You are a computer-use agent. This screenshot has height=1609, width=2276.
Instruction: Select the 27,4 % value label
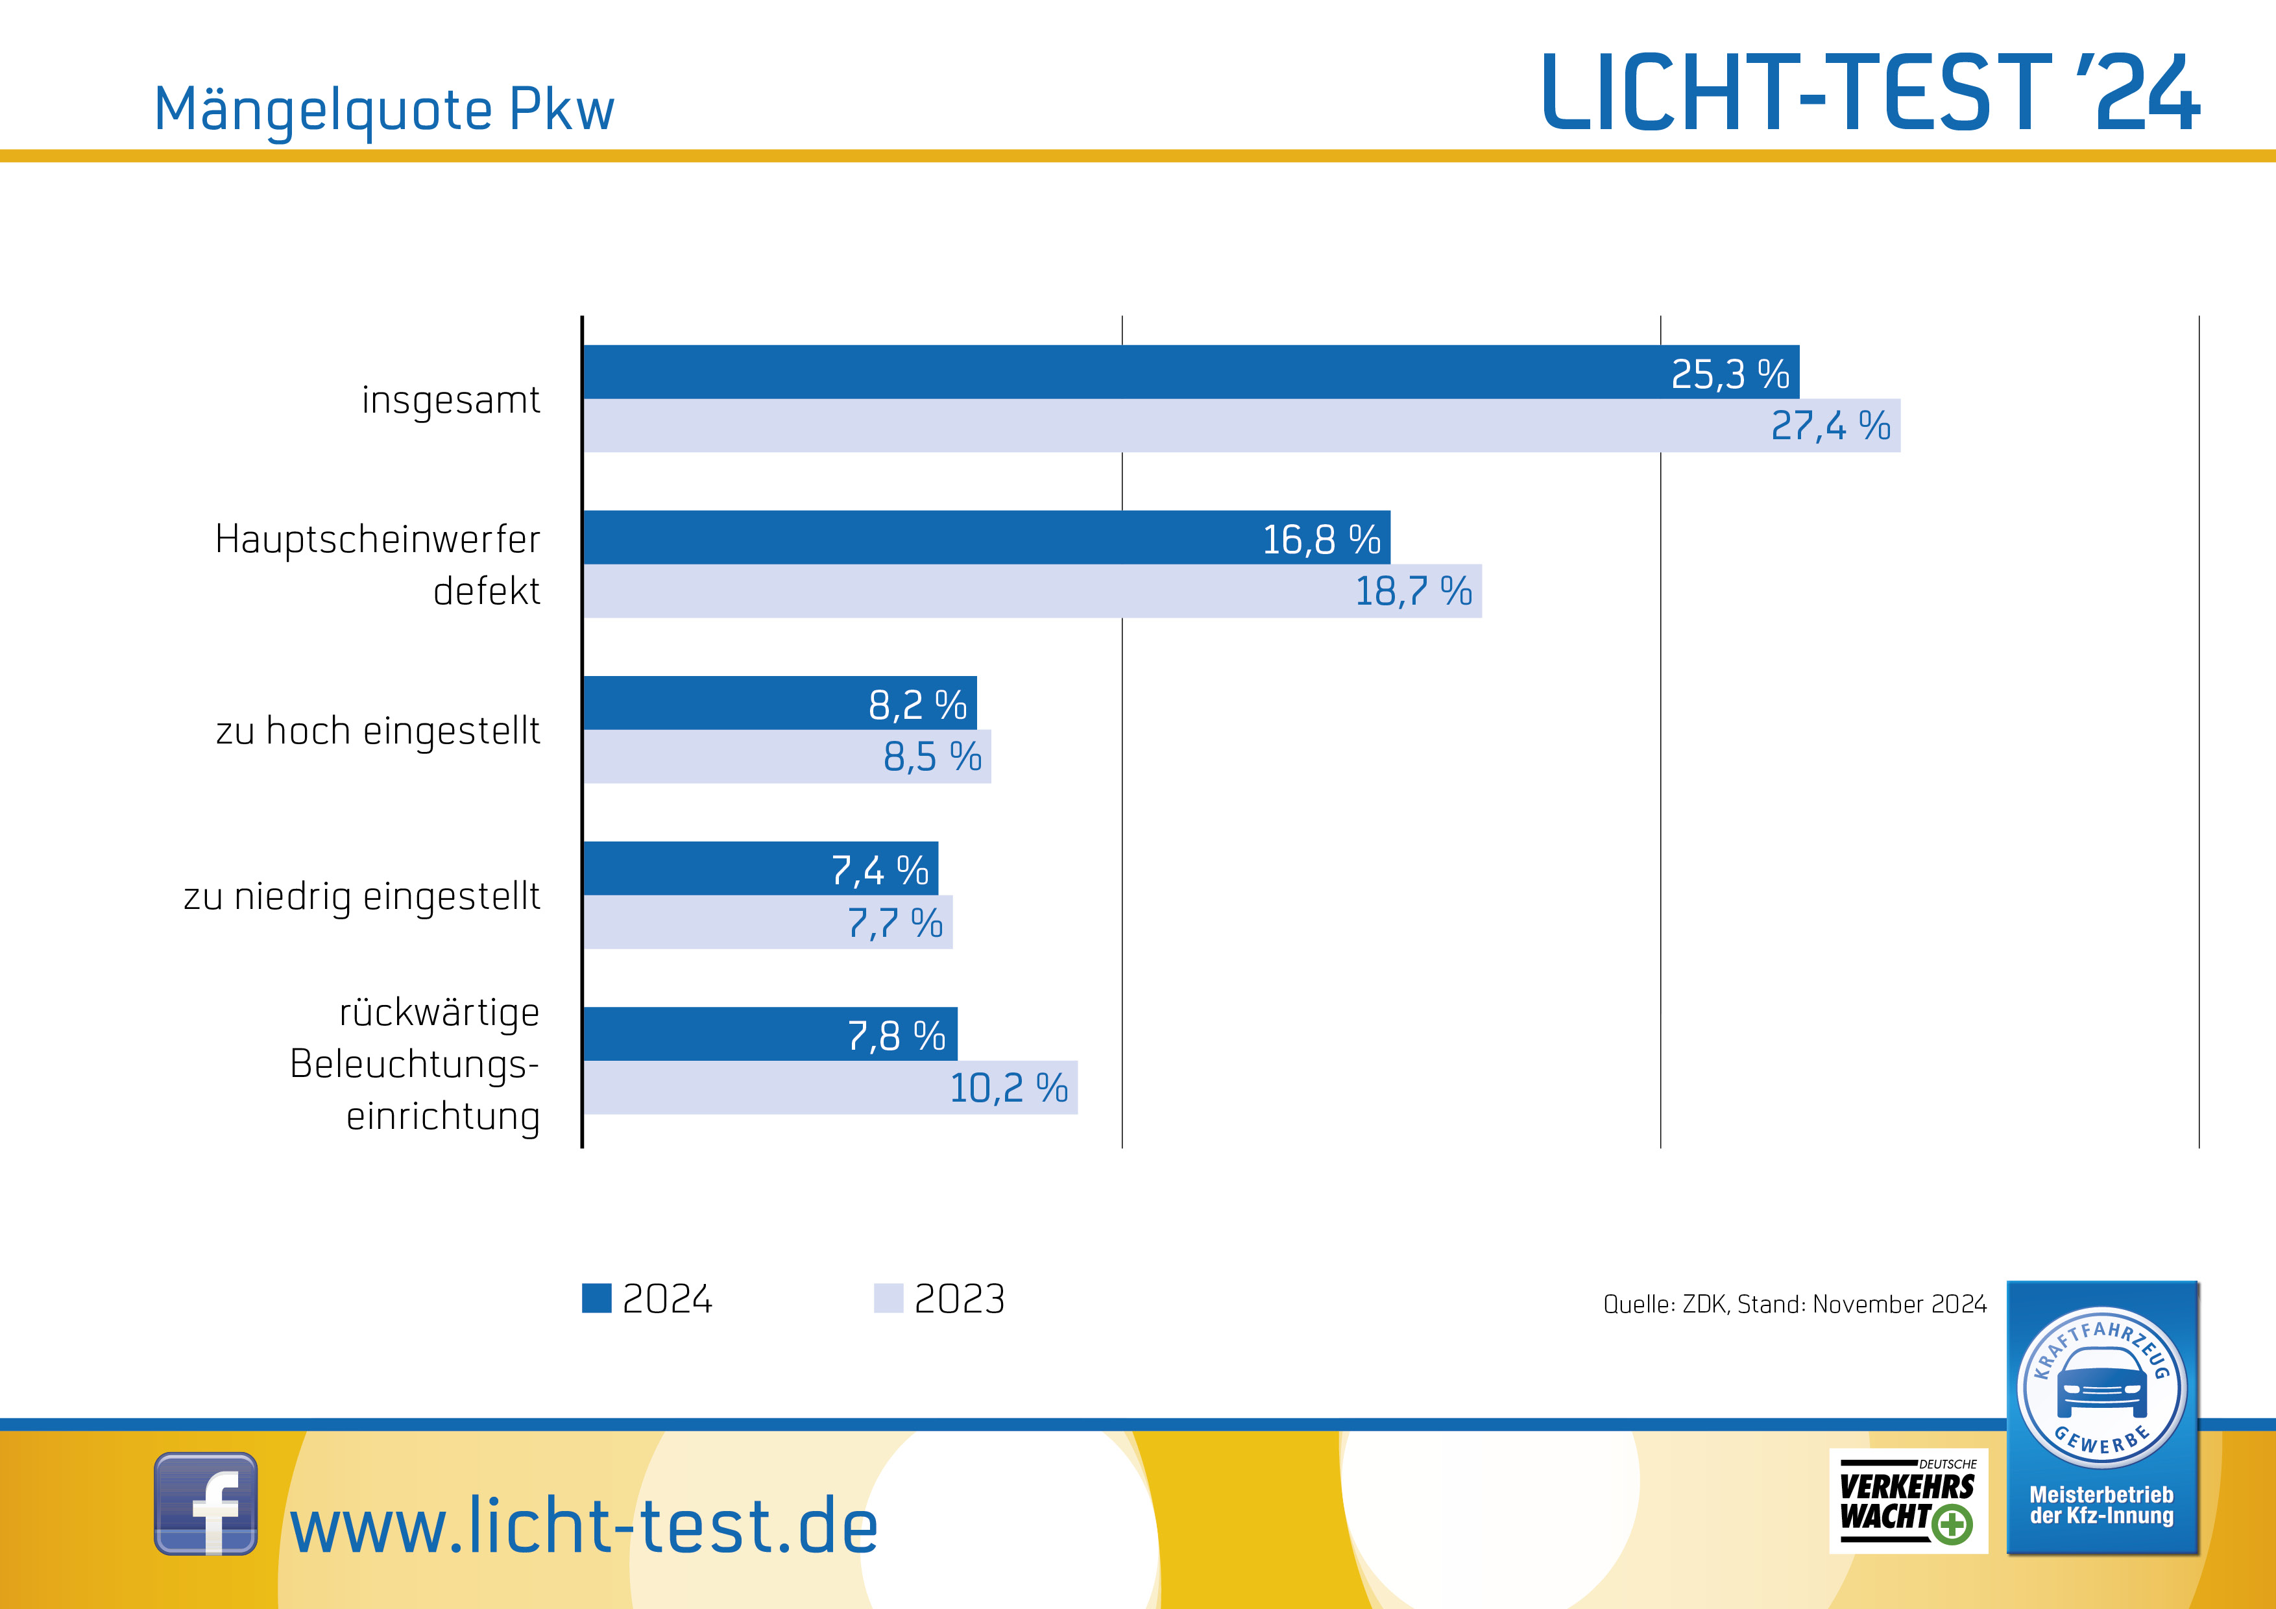tap(1830, 426)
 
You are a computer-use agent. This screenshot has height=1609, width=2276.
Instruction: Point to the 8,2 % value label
tap(917, 705)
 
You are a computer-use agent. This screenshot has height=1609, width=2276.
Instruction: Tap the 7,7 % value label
tap(894, 923)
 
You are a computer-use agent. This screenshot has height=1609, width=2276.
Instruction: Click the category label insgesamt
tap(450, 400)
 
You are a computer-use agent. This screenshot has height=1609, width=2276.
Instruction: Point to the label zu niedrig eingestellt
tap(362, 896)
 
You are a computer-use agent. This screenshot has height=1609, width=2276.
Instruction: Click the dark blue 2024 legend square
tap(597, 1298)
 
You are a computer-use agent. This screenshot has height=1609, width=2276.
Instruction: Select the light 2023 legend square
tap(888, 1298)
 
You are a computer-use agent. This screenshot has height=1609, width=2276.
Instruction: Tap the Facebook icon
tap(206, 1503)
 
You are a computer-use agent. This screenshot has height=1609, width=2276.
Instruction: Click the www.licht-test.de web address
tap(584, 1527)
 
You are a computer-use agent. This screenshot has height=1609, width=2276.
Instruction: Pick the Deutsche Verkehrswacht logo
tap(1907, 1501)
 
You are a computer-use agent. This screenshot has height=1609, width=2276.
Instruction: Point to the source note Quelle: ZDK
tap(1794, 1303)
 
